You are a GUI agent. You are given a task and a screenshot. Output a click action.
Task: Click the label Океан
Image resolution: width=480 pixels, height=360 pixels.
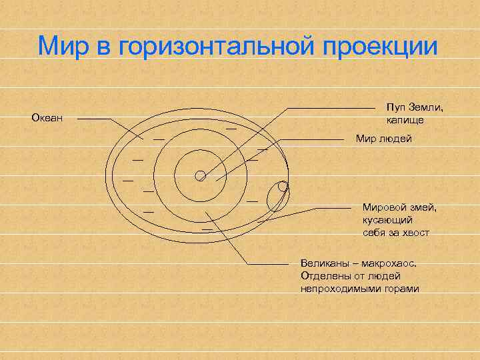tap(47, 119)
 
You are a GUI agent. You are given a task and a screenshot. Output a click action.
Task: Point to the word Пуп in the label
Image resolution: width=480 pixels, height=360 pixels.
tap(395, 108)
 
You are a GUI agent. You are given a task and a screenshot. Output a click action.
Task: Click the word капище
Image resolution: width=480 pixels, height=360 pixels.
tap(405, 120)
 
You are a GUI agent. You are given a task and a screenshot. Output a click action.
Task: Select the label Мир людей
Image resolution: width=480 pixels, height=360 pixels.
tap(383, 139)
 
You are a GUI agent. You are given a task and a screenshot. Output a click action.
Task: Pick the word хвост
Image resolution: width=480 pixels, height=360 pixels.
tap(415, 233)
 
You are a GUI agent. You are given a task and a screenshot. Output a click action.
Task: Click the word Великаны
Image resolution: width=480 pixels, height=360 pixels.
tap(325, 263)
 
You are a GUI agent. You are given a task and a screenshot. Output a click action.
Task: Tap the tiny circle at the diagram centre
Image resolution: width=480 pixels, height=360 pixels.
tap(199, 175)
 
